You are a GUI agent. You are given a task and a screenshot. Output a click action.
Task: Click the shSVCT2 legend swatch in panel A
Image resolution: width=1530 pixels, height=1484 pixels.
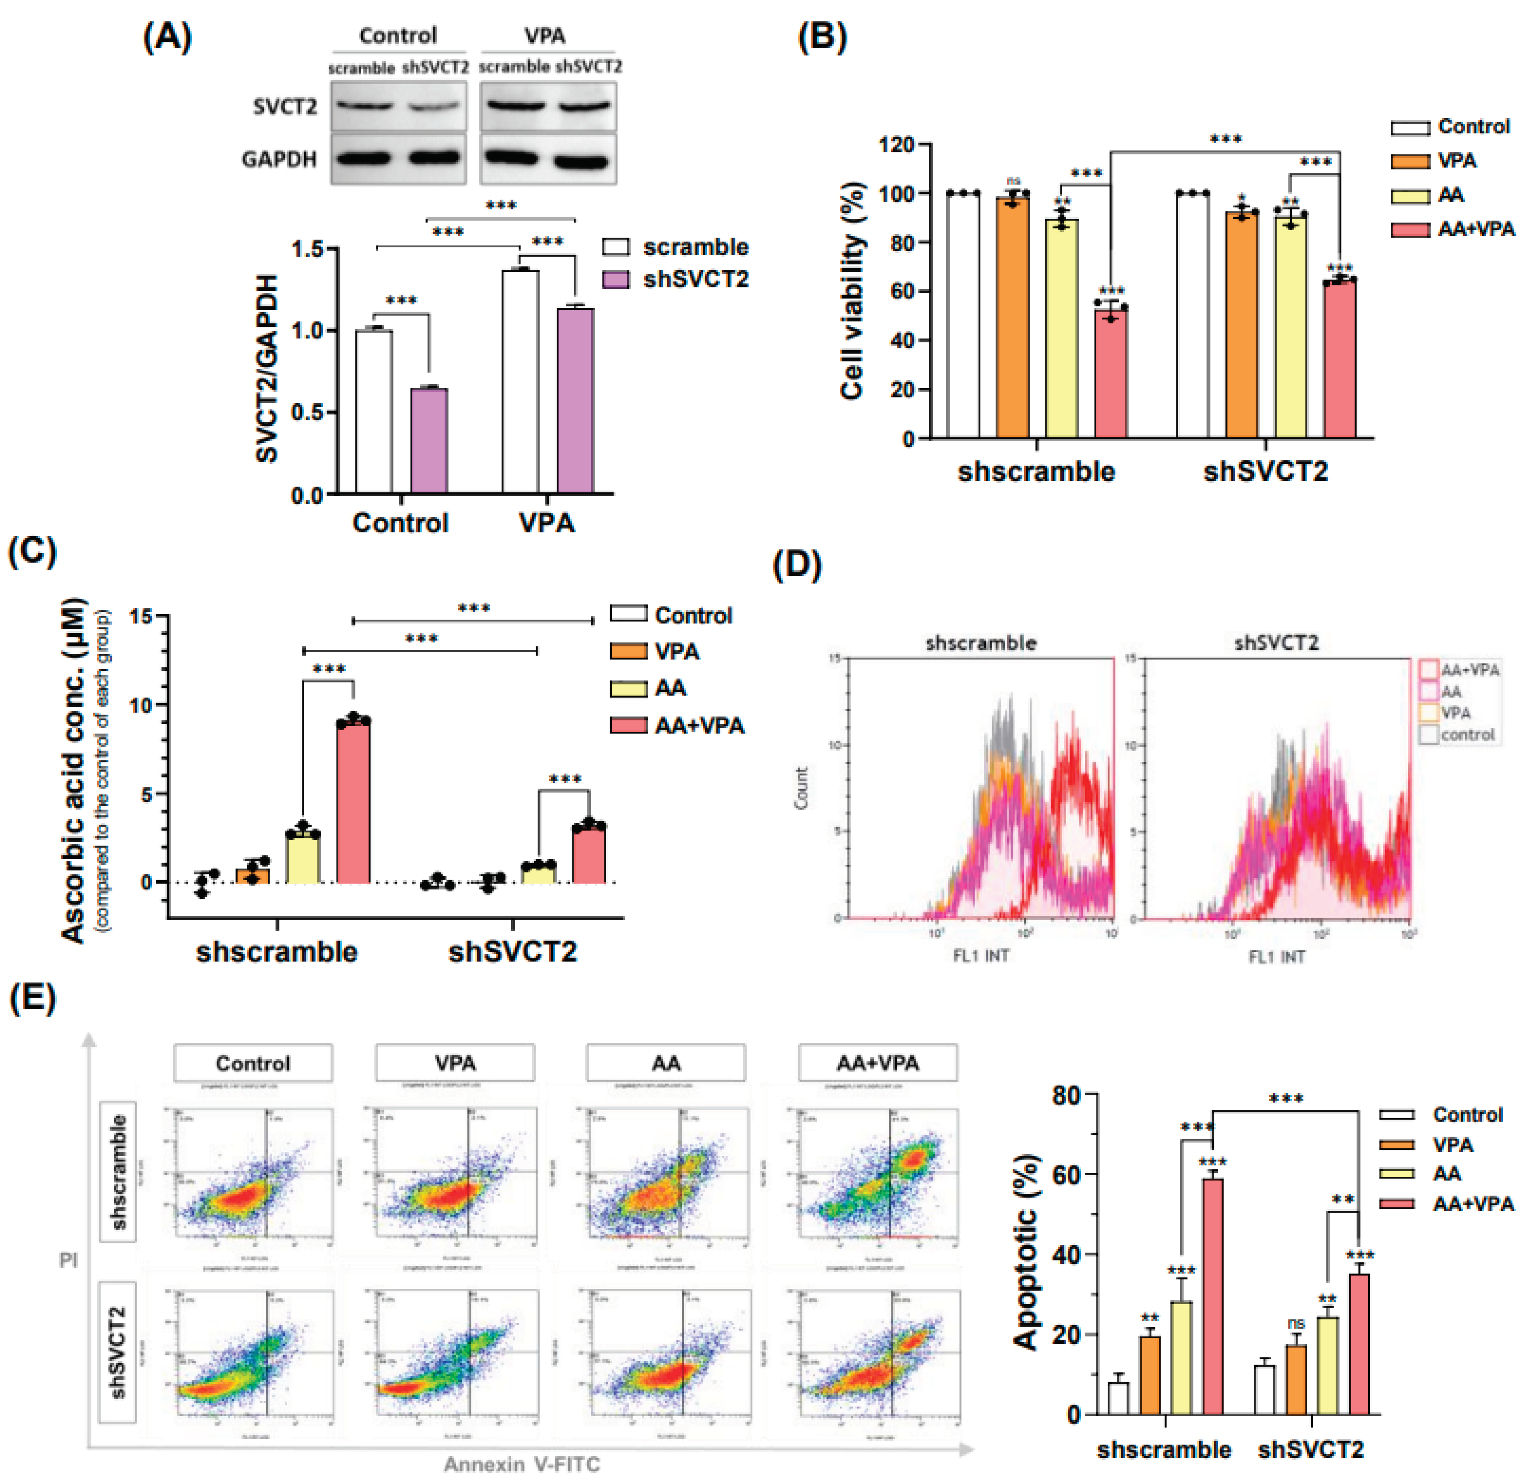coord(616,280)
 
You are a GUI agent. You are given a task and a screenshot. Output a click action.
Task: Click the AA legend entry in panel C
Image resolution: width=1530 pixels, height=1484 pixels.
coord(670,688)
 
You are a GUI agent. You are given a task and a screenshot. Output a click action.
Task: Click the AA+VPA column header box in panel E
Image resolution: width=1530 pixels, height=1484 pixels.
coord(877,1063)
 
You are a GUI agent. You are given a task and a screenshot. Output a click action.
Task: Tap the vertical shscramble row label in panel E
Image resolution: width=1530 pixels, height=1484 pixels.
coord(119,1172)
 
